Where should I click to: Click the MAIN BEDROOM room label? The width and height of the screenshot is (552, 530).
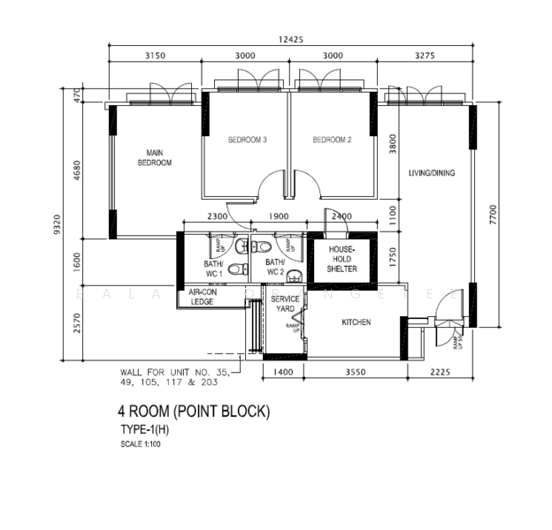click(x=154, y=158)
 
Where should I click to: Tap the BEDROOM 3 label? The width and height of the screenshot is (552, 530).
click(x=248, y=140)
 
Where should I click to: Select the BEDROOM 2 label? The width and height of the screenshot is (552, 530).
click(x=333, y=140)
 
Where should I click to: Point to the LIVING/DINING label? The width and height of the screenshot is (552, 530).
click(x=431, y=173)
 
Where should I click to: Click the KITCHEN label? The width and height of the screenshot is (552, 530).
click(x=356, y=322)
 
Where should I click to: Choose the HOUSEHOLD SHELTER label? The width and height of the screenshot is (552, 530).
click(x=341, y=260)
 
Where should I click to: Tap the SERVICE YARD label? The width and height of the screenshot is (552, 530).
click(x=286, y=304)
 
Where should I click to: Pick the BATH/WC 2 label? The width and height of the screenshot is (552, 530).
click(x=275, y=268)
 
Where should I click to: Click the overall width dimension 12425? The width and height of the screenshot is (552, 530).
click(x=291, y=39)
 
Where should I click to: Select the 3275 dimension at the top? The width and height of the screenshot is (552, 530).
click(x=426, y=56)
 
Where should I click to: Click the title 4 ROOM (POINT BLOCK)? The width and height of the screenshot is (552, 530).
click(x=194, y=412)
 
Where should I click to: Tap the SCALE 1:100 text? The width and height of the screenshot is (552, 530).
click(x=141, y=444)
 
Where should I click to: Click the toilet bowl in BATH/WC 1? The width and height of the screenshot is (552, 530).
click(x=234, y=269)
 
